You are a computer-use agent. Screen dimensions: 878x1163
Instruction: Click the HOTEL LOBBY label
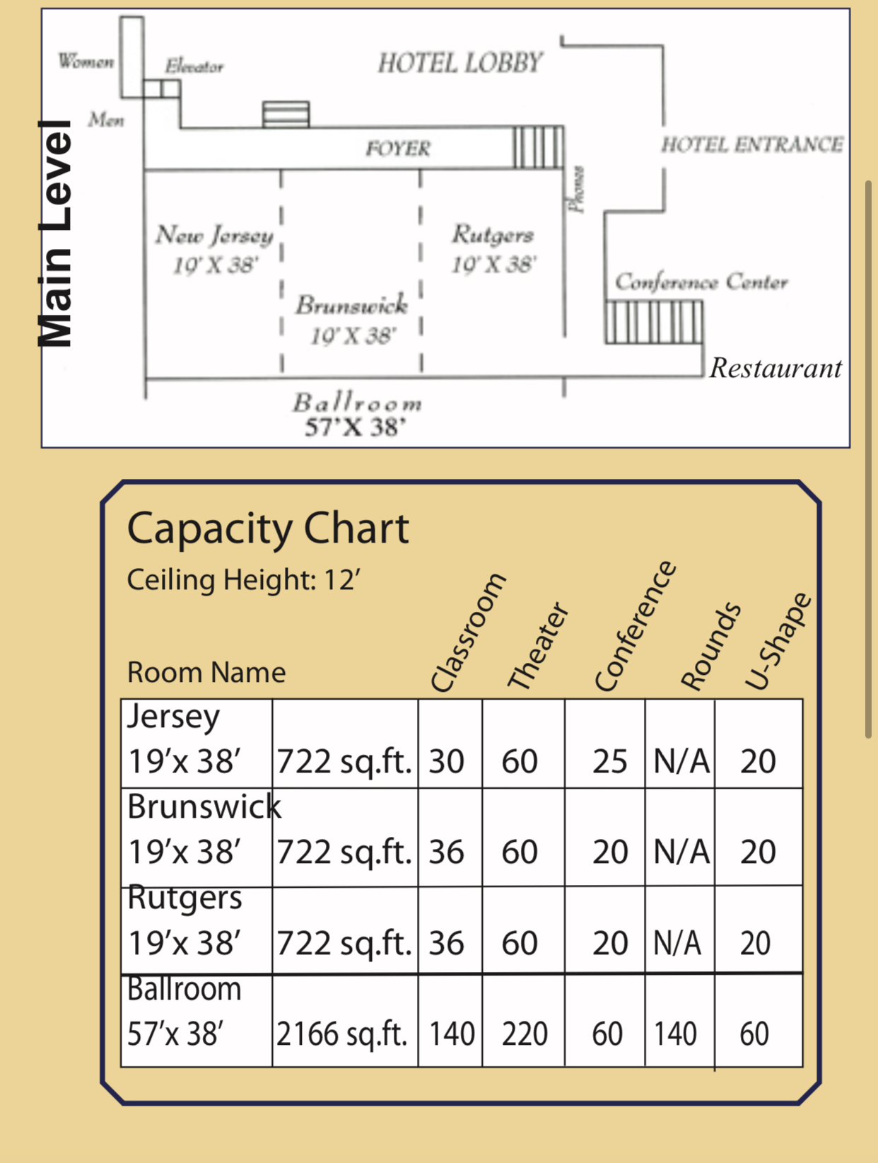[x=460, y=62]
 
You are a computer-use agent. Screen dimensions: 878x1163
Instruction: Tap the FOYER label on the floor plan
[x=398, y=149]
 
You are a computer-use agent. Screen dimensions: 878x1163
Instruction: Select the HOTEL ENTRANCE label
[x=752, y=144]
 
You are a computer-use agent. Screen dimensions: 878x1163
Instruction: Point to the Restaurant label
[x=775, y=368]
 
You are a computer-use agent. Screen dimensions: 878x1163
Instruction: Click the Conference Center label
[x=701, y=282]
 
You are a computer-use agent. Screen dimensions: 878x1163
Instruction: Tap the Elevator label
[x=194, y=66]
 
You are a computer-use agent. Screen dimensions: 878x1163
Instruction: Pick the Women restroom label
[x=86, y=61]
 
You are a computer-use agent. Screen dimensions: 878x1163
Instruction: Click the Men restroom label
[x=106, y=120]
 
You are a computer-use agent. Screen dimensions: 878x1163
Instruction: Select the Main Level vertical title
[x=55, y=233]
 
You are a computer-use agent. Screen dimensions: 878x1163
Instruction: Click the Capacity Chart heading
[x=268, y=529]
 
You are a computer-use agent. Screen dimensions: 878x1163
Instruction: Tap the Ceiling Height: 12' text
[x=243, y=579]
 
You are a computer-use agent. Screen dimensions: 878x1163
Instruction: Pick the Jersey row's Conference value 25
[x=610, y=761]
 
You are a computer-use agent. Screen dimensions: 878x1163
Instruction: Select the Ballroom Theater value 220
[x=525, y=1034]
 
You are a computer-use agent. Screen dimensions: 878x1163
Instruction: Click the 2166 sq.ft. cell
[x=342, y=1034]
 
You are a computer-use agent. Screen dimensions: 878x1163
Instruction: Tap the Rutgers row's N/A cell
[x=677, y=943]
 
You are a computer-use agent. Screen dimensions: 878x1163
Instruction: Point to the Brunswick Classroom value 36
[x=446, y=852]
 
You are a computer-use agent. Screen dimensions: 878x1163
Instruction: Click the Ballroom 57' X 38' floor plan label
[x=357, y=415]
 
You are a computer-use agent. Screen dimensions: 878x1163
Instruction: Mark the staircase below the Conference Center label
[x=654, y=322]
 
